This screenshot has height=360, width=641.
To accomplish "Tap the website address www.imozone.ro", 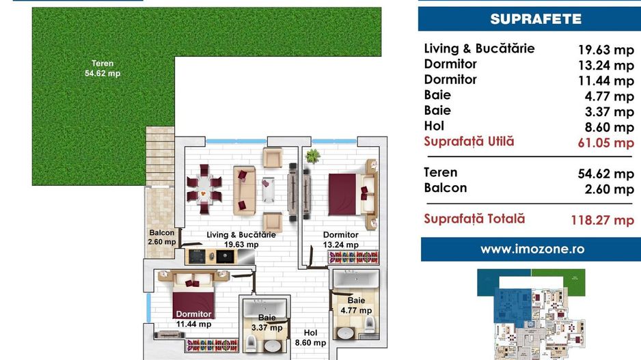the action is point(532,249).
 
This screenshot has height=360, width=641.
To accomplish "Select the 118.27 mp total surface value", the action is point(602,220).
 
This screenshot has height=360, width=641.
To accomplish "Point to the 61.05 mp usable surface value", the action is point(606,143).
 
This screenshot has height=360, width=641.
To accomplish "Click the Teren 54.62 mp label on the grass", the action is point(103,68).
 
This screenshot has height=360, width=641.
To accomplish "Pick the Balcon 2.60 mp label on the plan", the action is point(162,237).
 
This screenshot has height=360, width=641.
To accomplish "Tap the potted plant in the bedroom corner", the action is point(312,156).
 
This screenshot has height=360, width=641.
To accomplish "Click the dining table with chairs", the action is point(204,189).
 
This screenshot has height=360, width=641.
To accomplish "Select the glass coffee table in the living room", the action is point(268,189).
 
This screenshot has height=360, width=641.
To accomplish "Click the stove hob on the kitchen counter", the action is point(197,256).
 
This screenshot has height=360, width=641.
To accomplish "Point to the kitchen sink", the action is point(225,257).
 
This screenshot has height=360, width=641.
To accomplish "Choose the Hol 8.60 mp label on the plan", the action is point(310,338).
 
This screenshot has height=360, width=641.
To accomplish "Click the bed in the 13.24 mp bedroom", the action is point(351,195).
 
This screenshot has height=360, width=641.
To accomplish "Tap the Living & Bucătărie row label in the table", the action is point(479,49).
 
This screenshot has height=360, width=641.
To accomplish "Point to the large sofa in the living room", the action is point(245,190).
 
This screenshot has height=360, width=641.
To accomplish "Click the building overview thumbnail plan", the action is point(531,314).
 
